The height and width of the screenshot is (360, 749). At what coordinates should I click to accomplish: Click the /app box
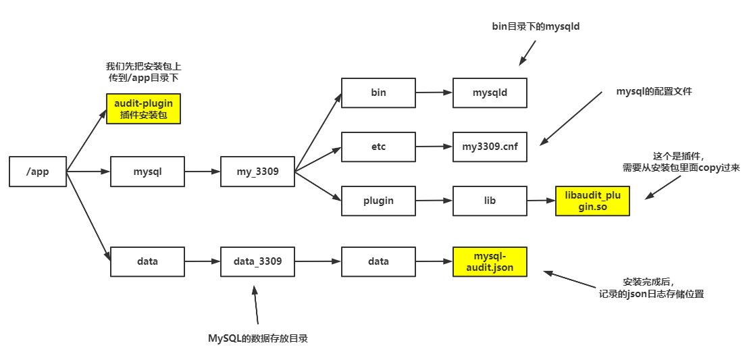click(38, 172)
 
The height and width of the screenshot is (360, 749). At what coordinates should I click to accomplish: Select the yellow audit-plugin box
click(143, 109)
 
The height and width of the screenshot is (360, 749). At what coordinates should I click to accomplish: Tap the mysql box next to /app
click(147, 172)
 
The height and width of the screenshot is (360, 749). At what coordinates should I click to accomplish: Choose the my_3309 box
click(257, 172)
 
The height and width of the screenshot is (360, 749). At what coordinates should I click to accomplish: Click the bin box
click(378, 93)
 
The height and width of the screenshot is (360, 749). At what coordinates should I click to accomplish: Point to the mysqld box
click(489, 93)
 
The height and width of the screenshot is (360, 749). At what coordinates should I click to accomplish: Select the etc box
click(378, 147)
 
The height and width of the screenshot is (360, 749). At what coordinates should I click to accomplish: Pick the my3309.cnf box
click(489, 147)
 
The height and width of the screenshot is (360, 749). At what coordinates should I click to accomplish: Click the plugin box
click(378, 201)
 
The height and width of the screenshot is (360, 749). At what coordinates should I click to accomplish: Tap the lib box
click(489, 201)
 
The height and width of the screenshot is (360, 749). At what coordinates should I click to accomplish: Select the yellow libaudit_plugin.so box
click(592, 201)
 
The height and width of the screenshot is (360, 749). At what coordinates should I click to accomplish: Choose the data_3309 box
click(257, 261)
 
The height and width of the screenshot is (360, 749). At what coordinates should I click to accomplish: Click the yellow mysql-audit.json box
click(489, 261)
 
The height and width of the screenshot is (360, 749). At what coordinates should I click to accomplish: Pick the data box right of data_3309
click(378, 261)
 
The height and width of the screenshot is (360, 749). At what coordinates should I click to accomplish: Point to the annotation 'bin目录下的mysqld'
click(536, 27)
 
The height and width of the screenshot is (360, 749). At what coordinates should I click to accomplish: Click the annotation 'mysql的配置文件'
click(654, 91)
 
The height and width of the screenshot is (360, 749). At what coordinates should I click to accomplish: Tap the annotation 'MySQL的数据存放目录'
click(257, 338)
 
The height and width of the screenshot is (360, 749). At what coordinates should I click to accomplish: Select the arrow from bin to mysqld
click(434, 93)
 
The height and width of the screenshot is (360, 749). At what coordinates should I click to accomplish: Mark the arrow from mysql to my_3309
click(202, 172)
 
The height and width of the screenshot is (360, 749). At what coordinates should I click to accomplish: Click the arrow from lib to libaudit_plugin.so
click(540, 201)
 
